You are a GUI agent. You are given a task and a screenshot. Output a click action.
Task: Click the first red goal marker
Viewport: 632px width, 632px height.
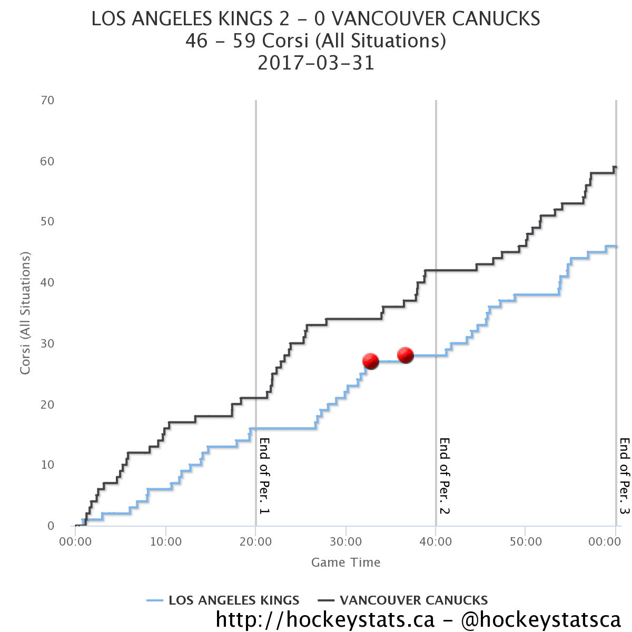[371, 361]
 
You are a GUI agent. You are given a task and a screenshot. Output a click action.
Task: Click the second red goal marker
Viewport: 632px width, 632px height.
[405, 355]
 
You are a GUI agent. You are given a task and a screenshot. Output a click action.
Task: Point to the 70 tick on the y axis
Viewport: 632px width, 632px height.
[47, 100]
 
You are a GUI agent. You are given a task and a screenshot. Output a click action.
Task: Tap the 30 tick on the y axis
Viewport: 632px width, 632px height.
[47, 343]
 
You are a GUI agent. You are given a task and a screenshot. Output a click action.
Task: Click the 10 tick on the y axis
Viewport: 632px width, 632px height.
[47, 465]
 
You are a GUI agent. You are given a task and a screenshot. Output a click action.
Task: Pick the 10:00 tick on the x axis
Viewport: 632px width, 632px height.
[166, 541]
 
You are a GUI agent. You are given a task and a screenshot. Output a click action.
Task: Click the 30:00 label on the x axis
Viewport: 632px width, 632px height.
[345, 541]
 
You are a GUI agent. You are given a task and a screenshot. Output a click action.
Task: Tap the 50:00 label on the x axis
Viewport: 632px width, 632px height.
[526, 541]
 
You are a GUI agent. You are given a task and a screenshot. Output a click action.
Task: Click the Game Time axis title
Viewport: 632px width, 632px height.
[345, 562]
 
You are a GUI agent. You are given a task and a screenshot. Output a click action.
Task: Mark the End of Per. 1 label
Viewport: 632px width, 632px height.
[264, 476]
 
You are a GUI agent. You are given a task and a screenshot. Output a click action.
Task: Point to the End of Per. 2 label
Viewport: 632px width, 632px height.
[445, 476]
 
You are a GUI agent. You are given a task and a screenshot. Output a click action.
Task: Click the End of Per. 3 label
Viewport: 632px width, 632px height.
[625, 476]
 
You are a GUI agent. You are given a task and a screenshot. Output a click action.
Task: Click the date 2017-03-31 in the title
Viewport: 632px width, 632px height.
[316, 63]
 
